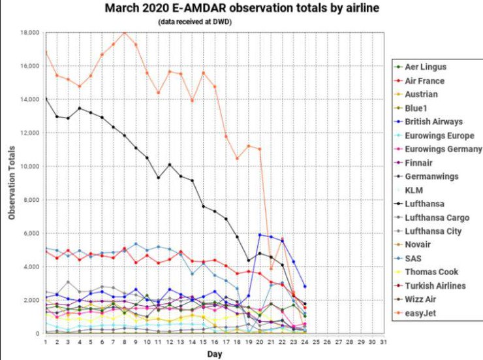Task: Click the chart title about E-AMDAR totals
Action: [x=242, y=8]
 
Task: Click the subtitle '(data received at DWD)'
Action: [x=195, y=22]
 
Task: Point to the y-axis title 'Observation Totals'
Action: [x=11, y=183]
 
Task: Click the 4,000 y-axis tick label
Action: [x=31, y=267]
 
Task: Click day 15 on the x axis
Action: [x=204, y=342]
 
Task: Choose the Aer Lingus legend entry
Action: [x=426, y=67]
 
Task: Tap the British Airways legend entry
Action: [x=433, y=122]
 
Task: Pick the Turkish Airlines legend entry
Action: [x=435, y=285]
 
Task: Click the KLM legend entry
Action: [x=414, y=189]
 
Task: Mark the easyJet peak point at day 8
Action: [x=125, y=32]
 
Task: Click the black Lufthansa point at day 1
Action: [x=46, y=99]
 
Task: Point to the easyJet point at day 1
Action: [x=46, y=52]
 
